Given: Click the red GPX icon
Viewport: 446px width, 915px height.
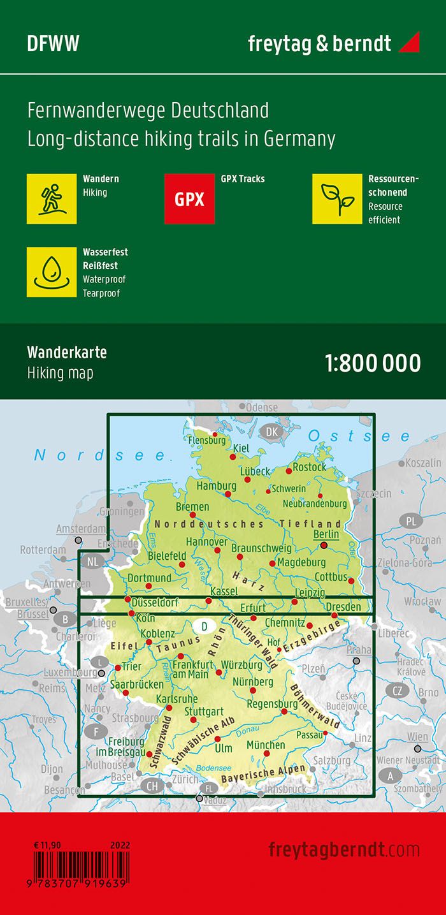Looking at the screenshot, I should coord(189,199).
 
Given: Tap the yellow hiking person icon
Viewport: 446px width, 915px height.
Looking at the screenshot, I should coord(52,199).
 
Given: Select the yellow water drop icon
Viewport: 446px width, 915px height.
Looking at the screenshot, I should coord(52,272).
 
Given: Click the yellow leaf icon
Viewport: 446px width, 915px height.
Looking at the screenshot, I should coord(337,199).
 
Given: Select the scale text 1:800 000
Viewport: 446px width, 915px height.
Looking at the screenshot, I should coord(373,363).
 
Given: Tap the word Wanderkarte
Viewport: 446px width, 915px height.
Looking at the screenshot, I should coord(58,353).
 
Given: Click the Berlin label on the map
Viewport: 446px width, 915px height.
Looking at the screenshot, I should coord(326,534).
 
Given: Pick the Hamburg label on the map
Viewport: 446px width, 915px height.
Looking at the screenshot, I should coord(216,486).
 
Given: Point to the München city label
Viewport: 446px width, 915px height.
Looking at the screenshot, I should coord(266,745).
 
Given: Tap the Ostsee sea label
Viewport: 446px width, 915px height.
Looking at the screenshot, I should coord(359,436).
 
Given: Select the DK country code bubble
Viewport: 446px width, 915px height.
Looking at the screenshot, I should coord(272,432).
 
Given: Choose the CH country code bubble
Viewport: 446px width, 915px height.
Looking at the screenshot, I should coord(152,786).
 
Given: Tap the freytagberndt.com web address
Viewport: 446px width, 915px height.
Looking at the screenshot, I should coord(344,849).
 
